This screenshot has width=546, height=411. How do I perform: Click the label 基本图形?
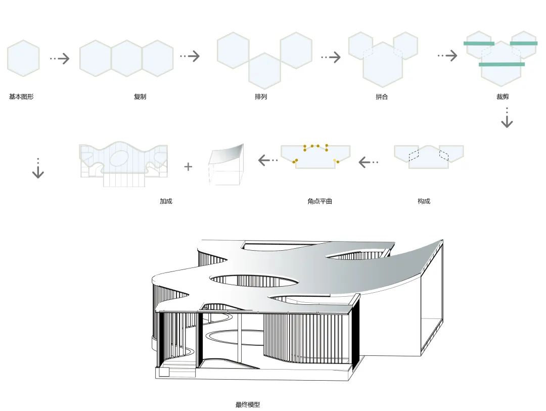point(21,97)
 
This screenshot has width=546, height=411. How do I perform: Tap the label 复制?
point(140,97)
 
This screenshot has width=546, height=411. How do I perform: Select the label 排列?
point(261,97)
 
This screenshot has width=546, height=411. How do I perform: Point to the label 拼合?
point(382,97)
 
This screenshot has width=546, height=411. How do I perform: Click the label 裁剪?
point(503,97)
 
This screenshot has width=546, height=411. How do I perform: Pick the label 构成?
point(424,201)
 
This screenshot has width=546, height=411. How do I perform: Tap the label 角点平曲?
point(320,201)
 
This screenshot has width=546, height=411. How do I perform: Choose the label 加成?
point(166,201)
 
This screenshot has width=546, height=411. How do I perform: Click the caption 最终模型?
point(248,404)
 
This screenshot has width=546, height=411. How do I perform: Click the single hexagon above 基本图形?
point(23,58)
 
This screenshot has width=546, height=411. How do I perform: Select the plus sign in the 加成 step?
point(188,166)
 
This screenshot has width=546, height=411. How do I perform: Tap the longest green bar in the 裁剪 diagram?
point(502,64)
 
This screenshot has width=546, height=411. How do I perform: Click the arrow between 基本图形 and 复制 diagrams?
point(60,58)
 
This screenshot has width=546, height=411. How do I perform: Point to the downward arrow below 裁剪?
point(507,118)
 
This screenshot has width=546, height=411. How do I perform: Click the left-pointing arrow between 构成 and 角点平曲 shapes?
point(369,162)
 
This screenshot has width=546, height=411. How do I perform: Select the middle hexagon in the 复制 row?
point(126,58)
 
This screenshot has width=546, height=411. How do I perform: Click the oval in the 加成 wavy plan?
point(123,158)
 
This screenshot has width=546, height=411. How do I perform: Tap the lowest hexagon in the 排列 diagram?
point(264,71)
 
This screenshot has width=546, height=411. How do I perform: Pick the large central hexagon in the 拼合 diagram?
point(382,65)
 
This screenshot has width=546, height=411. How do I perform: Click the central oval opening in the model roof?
point(254,281)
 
